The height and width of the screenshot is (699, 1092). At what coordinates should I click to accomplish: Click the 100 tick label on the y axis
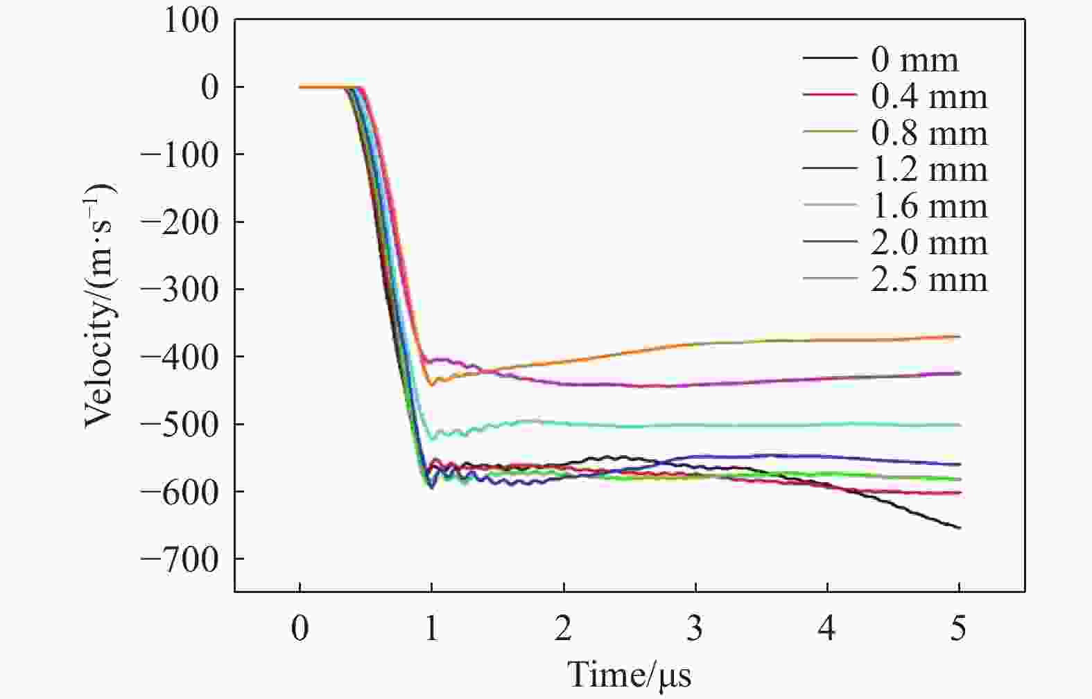pyautogui.click(x=191, y=21)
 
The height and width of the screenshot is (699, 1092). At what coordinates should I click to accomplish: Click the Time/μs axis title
pyautogui.click(x=630, y=675)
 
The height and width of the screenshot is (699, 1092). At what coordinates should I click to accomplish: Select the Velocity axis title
pyautogui.click(x=100, y=306)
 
